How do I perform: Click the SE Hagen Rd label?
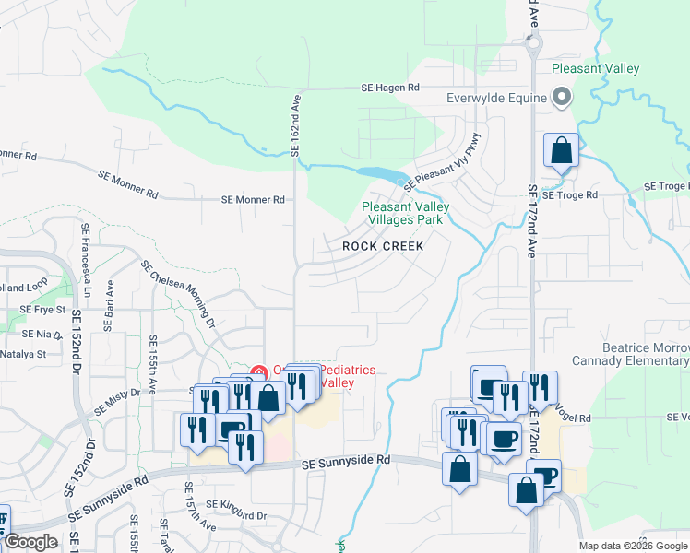[390, 88]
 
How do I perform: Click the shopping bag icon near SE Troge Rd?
[561, 150]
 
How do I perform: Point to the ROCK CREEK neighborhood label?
[383, 246]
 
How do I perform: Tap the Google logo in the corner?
[30, 542]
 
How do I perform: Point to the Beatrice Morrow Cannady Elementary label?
[630, 354]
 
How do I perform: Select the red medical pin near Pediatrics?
[260, 372]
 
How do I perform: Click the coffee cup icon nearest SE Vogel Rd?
[503, 440]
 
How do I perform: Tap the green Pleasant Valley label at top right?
[595, 69]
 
